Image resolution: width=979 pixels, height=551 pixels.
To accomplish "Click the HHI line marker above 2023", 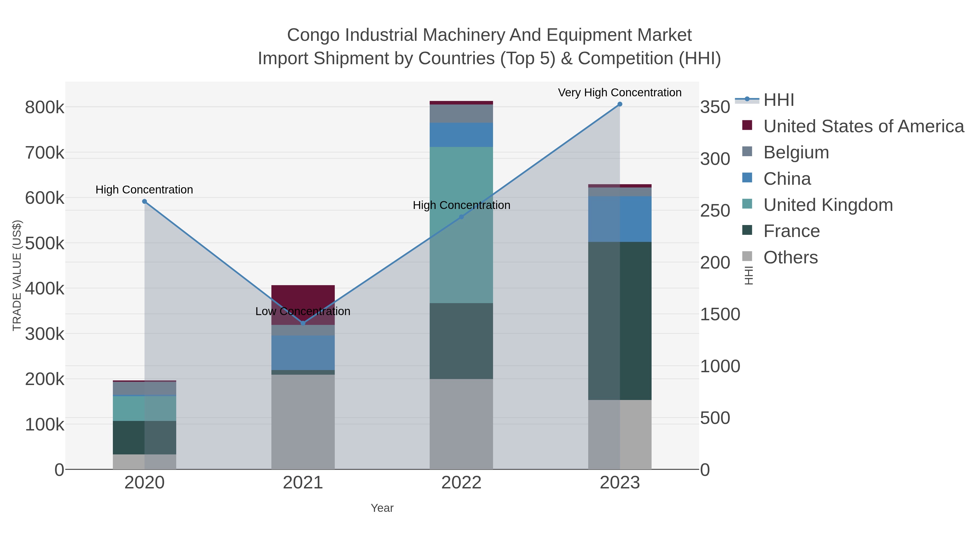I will [x=620, y=104].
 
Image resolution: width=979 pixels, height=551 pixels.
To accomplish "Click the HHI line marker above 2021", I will [x=303, y=323].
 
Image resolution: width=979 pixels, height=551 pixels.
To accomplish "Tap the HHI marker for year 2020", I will [x=144, y=202].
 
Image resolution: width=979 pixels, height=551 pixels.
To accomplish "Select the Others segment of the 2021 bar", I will [x=303, y=422].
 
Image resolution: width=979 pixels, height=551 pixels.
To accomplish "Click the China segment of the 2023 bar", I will [x=620, y=219].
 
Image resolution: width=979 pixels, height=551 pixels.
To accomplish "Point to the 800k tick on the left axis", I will [x=45, y=107].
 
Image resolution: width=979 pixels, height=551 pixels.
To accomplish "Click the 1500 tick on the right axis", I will [x=720, y=315].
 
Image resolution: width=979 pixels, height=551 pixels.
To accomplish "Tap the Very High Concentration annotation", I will [x=619, y=93].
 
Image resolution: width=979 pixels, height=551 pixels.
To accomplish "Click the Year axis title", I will [x=382, y=508].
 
